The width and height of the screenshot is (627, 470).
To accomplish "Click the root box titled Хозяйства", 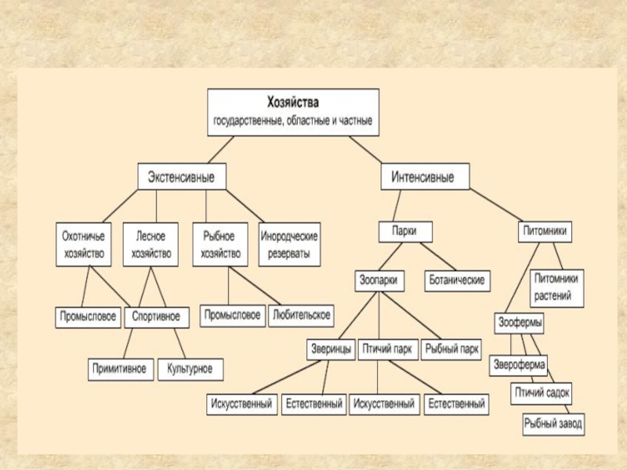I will click(293, 112).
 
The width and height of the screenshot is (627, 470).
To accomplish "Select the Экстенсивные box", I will click(181, 177).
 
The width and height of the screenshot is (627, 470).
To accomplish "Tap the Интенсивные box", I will click(426, 177).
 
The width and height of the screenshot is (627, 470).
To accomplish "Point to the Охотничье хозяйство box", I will click(84, 244).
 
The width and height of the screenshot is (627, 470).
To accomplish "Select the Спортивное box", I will click(156, 317).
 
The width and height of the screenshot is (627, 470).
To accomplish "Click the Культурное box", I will click(190, 369).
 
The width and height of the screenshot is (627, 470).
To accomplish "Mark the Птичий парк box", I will click(388, 350).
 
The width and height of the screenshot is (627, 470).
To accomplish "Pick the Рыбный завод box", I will click(554, 425).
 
